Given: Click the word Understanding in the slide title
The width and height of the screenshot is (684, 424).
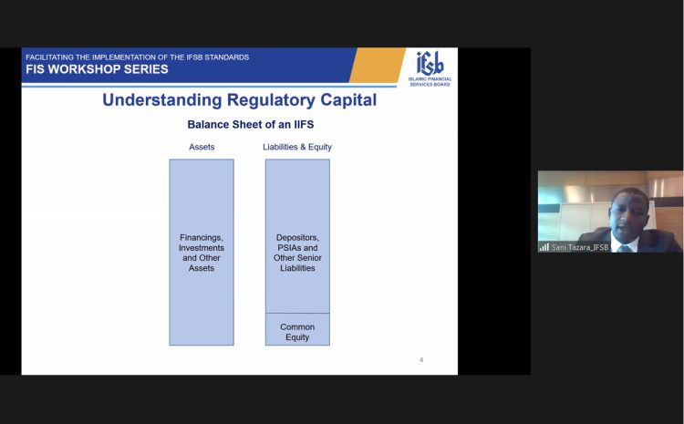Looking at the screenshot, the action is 161,100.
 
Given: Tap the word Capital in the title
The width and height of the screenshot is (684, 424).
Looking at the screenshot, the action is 348,100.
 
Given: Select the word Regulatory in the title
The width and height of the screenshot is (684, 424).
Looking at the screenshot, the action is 271,100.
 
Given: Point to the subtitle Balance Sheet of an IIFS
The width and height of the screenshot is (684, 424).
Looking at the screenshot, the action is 251,124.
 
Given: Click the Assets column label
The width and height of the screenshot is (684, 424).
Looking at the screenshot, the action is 202,147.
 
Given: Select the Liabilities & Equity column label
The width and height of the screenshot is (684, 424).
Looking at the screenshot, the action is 297,147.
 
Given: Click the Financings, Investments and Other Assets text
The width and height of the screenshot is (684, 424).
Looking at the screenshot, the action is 202,253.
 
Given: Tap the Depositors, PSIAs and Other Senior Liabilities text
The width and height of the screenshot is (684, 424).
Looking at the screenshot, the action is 297,253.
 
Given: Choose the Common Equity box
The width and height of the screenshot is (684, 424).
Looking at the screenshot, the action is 297,329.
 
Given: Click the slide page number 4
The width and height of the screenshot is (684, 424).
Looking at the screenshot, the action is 421,360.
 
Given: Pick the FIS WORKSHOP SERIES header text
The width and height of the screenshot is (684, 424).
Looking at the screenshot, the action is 97,69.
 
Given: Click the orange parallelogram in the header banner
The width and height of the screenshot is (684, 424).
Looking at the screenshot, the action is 377,65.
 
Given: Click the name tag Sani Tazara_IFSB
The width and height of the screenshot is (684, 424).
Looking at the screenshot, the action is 580,247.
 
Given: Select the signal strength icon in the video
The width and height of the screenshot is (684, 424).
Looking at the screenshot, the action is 544,247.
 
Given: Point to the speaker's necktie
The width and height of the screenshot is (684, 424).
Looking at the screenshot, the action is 624,249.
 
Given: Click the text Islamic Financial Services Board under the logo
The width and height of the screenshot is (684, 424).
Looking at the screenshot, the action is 430,81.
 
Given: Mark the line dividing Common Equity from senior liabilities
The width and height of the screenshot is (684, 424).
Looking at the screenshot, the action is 297,313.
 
